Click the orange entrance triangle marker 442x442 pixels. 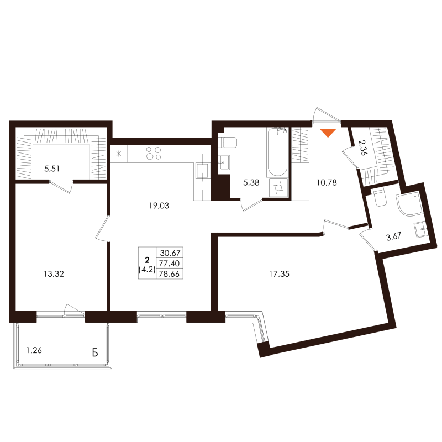coord(328,133)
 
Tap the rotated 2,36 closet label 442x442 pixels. coord(362,149)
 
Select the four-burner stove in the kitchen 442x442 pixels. coord(153,152)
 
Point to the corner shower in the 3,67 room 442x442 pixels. coord(409,205)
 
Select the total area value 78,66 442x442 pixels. coord(170,273)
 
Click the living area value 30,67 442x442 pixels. coord(170,252)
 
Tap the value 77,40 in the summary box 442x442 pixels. coord(170,263)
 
